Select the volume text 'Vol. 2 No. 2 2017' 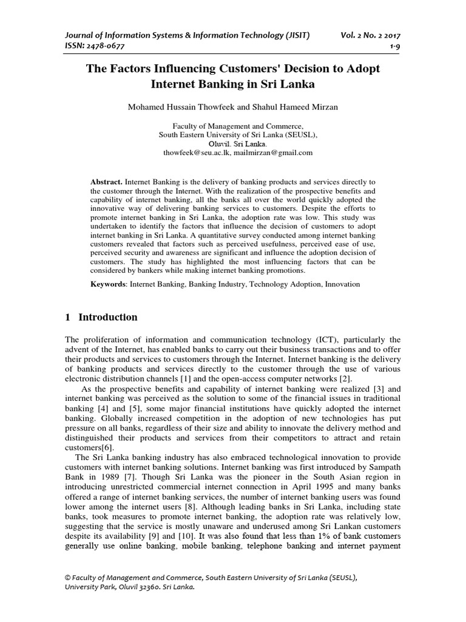coord(371,36)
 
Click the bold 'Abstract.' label coord(106,182)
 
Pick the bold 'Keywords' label coord(107,284)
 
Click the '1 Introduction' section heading coord(101,317)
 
